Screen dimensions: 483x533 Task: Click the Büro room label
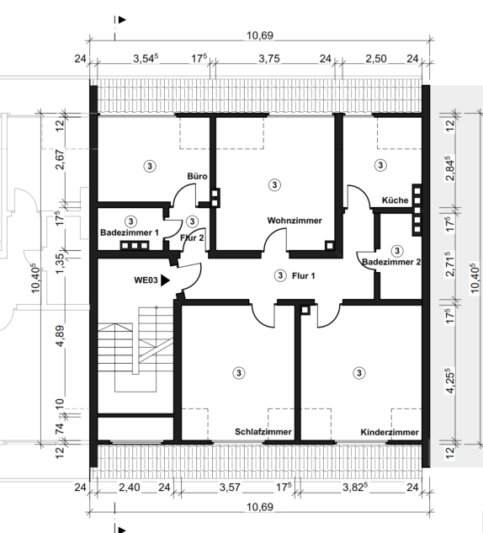pyautogui.click(x=197, y=176)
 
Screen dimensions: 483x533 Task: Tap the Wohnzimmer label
pyautogui.click(x=295, y=221)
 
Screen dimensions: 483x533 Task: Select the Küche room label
pyautogui.click(x=395, y=200)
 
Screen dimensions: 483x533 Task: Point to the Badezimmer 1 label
pyautogui.click(x=130, y=233)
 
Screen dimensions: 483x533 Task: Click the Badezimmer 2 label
pyautogui.click(x=391, y=262)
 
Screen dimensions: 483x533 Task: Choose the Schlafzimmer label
pyautogui.click(x=263, y=432)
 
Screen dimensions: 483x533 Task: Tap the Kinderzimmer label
pyautogui.click(x=390, y=433)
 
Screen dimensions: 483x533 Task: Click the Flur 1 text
pyautogui.click(x=303, y=275)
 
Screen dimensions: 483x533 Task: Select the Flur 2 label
pyautogui.click(x=192, y=238)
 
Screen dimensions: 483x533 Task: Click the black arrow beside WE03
pyautogui.click(x=165, y=280)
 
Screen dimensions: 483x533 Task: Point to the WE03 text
pyautogui.click(x=146, y=280)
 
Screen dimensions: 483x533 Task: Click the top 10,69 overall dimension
pyautogui.click(x=260, y=35)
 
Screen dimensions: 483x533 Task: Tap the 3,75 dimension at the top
pyautogui.click(x=269, y=58)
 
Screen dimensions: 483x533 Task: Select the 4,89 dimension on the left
pyautogui.click(x=60, y=336)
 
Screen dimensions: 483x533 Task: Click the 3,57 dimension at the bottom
pyautogui.click(x=230, y=488)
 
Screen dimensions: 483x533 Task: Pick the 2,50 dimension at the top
pyautogui.click(x=376, y=58)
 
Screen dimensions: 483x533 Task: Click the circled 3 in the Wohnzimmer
pyautogui.click(x=274, y=185)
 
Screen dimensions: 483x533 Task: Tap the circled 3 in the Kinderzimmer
pyautogui.click(x=359, y=373)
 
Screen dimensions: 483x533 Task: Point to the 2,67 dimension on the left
pyautogui.click(x=60, y=159)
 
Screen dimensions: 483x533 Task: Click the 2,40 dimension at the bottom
pyautogui.click(x=129, y=488)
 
